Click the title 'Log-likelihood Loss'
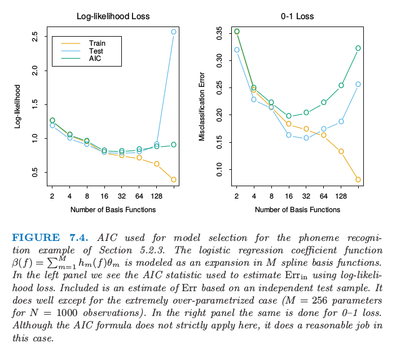(113, 16)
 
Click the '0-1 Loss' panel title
(297, 16)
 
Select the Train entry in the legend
(97, 43)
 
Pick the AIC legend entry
(95, 58)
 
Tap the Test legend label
(96, 51)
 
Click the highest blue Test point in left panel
(174, 32)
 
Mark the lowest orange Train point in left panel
(174, 179)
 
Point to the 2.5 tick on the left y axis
(35, 37)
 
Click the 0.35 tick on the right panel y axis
(219, 33)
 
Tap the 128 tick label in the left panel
(156, 196)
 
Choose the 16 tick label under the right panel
(289, 196)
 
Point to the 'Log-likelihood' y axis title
(17, 106)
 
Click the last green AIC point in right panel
(358, 48)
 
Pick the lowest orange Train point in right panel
(358, 179)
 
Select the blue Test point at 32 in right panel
(306, 138)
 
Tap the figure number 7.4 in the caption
(78, 236)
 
